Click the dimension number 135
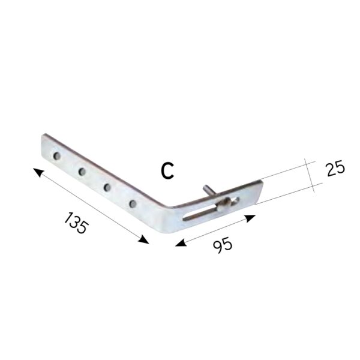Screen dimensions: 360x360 tap(76, 223)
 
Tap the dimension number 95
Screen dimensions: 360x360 tap(223, 245)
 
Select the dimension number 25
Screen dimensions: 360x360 tap(335, 168)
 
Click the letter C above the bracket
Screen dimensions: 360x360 tap(167, 170)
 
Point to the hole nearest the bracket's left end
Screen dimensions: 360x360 tap(57, 156)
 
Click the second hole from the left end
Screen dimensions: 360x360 tap(82, 171)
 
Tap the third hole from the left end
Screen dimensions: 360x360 tap(107, 187)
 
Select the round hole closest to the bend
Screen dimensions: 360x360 tap(133, 203)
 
